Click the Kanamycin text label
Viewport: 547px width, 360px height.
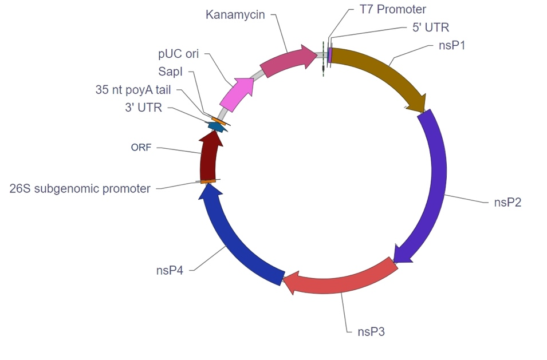[x=235, y=15]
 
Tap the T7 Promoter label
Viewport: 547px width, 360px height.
[x=392, y=9]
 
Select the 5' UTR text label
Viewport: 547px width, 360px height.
[x=431, y=27]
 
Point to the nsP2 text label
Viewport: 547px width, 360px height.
[x=507, y=202]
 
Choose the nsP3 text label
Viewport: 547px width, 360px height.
[x=371, y=331]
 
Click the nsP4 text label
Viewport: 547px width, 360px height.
[x=170, y=270]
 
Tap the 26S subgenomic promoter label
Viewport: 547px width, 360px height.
[x=80, y=188]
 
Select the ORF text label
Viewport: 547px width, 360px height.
[x=141, y=148]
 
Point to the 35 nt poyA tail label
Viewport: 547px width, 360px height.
[x=133, y=90]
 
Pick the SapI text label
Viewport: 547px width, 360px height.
[x=170, y=72]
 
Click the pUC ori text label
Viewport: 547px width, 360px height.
[x=178, y=54]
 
